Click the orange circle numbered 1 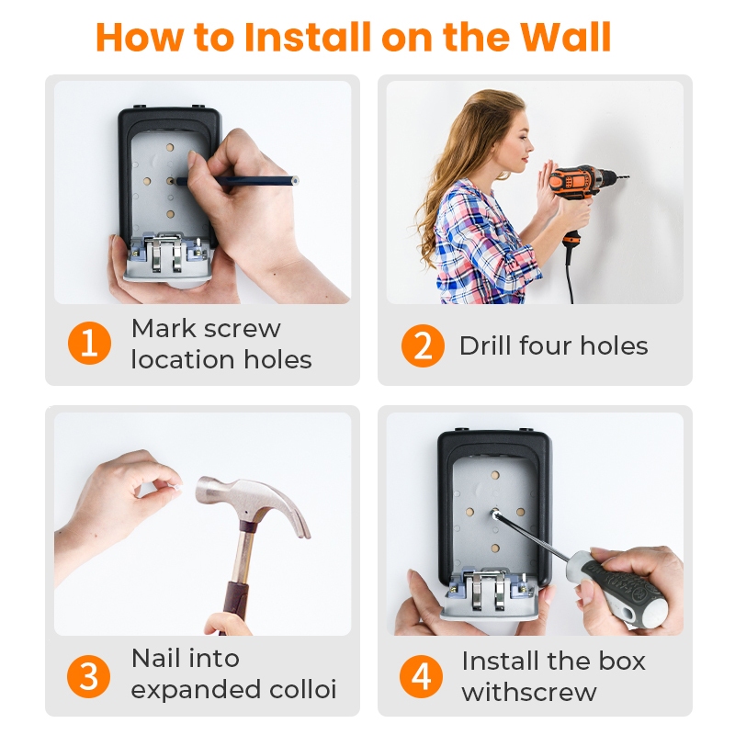[89, 343]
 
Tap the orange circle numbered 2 [423, 345]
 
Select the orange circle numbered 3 [89, 675]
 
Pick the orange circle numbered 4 [421, 676]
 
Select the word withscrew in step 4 [529, 692]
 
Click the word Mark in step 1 [164, 328]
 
